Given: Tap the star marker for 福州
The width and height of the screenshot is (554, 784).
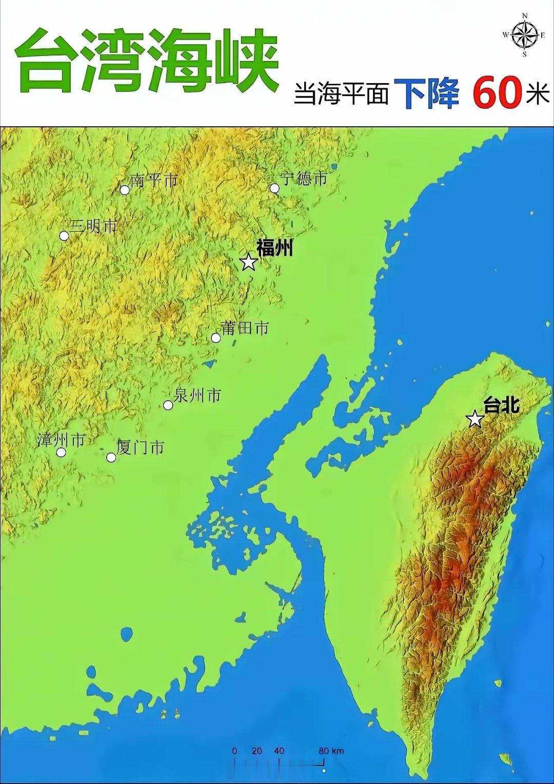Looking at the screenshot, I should coord(249,262).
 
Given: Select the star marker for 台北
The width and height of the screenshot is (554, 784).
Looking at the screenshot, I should coord(476,419).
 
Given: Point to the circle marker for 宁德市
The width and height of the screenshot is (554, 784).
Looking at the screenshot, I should coord(274,188).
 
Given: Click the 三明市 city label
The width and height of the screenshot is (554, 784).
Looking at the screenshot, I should coord(94,226).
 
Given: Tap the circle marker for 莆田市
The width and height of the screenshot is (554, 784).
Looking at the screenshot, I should coord(216,338).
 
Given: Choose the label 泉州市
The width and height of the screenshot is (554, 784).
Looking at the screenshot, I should coord(198,395).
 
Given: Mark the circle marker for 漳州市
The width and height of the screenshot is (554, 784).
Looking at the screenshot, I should coord(61,452).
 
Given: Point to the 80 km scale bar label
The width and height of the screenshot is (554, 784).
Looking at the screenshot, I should coord(330,751).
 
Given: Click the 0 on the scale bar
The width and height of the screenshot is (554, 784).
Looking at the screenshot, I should coord(235,751).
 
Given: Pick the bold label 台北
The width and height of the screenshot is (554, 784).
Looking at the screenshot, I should coord(501,405).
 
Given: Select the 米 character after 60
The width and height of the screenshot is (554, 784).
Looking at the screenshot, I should coord(538,94).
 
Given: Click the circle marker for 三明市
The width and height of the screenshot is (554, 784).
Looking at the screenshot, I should coord(64,236).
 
